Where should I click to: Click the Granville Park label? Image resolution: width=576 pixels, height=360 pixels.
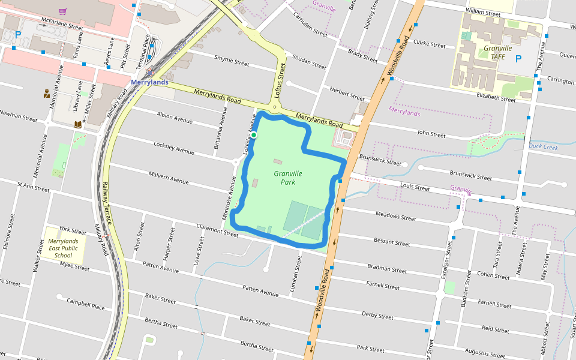(x=287, y=178)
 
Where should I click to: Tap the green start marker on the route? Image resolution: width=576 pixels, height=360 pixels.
(x=254, y=135)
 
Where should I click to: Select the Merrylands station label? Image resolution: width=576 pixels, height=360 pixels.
(x=149, y=82)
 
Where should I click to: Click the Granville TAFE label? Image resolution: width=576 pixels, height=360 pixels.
(x=497, y=52)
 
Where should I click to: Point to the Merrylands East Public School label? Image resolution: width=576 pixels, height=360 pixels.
(x=63, y=248)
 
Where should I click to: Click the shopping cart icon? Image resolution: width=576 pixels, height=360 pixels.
(x=62, y=11)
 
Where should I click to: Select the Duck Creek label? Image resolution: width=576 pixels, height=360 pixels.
(x=543, y=147)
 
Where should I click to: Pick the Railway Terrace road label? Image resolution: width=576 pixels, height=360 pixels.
(x=106, y=203)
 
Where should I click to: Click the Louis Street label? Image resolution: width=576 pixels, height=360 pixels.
(x=415, y=188)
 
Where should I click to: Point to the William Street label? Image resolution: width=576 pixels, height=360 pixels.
(x=483, y=13)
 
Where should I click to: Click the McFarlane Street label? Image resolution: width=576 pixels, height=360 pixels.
(x=62, y=27)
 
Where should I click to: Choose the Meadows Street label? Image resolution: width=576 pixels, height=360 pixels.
(x=395, y=215)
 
